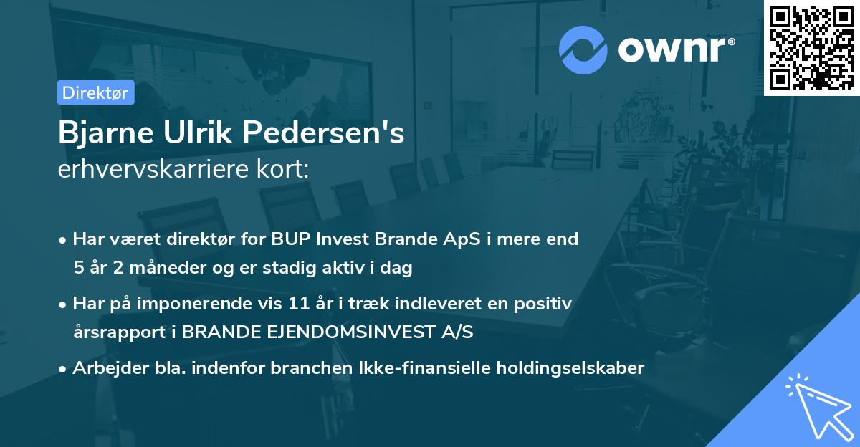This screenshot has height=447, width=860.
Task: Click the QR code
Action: click(811, 47)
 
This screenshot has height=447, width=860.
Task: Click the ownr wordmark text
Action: click(676, 49)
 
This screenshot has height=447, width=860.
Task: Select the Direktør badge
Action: click(95, 92)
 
